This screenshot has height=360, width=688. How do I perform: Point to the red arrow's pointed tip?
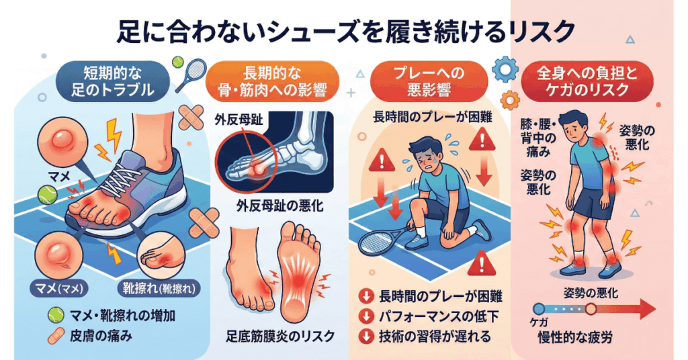click(x=655, y=309)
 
